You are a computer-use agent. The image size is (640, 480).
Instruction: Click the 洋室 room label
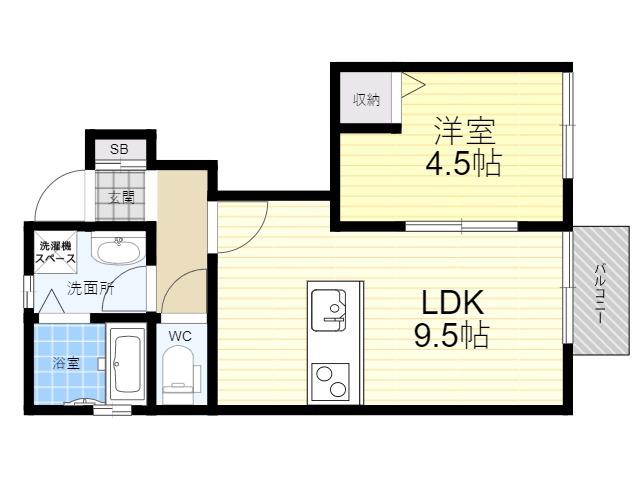point(464,131)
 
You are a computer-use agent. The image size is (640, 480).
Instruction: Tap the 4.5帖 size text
point(463,163)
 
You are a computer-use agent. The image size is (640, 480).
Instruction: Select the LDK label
point(453,302)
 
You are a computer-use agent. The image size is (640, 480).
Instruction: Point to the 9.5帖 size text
point(452,334)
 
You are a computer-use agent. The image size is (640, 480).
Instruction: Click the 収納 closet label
point(367,100)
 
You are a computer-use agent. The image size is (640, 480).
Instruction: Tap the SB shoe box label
point(119,149)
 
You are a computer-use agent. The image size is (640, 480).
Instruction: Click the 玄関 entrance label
point(121,198)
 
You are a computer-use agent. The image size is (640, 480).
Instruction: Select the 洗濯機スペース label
point(56,252)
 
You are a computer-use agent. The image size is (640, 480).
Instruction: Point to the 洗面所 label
point(91,289)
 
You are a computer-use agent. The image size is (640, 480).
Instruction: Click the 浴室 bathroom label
point(66,363)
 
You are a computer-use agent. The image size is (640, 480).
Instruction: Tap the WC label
point(180,336)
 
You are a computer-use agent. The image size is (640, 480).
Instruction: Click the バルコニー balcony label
point(600,294)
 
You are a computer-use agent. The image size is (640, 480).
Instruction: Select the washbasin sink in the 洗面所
point(119,250)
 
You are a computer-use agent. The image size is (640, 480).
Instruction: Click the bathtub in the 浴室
point(127,364)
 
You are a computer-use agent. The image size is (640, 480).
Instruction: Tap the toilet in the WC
point(180,369)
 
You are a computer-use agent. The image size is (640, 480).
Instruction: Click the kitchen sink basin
point(329,310)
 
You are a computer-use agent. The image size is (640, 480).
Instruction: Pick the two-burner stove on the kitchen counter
point(330,382)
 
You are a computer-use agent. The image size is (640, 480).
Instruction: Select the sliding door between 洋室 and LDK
point(462,226)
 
